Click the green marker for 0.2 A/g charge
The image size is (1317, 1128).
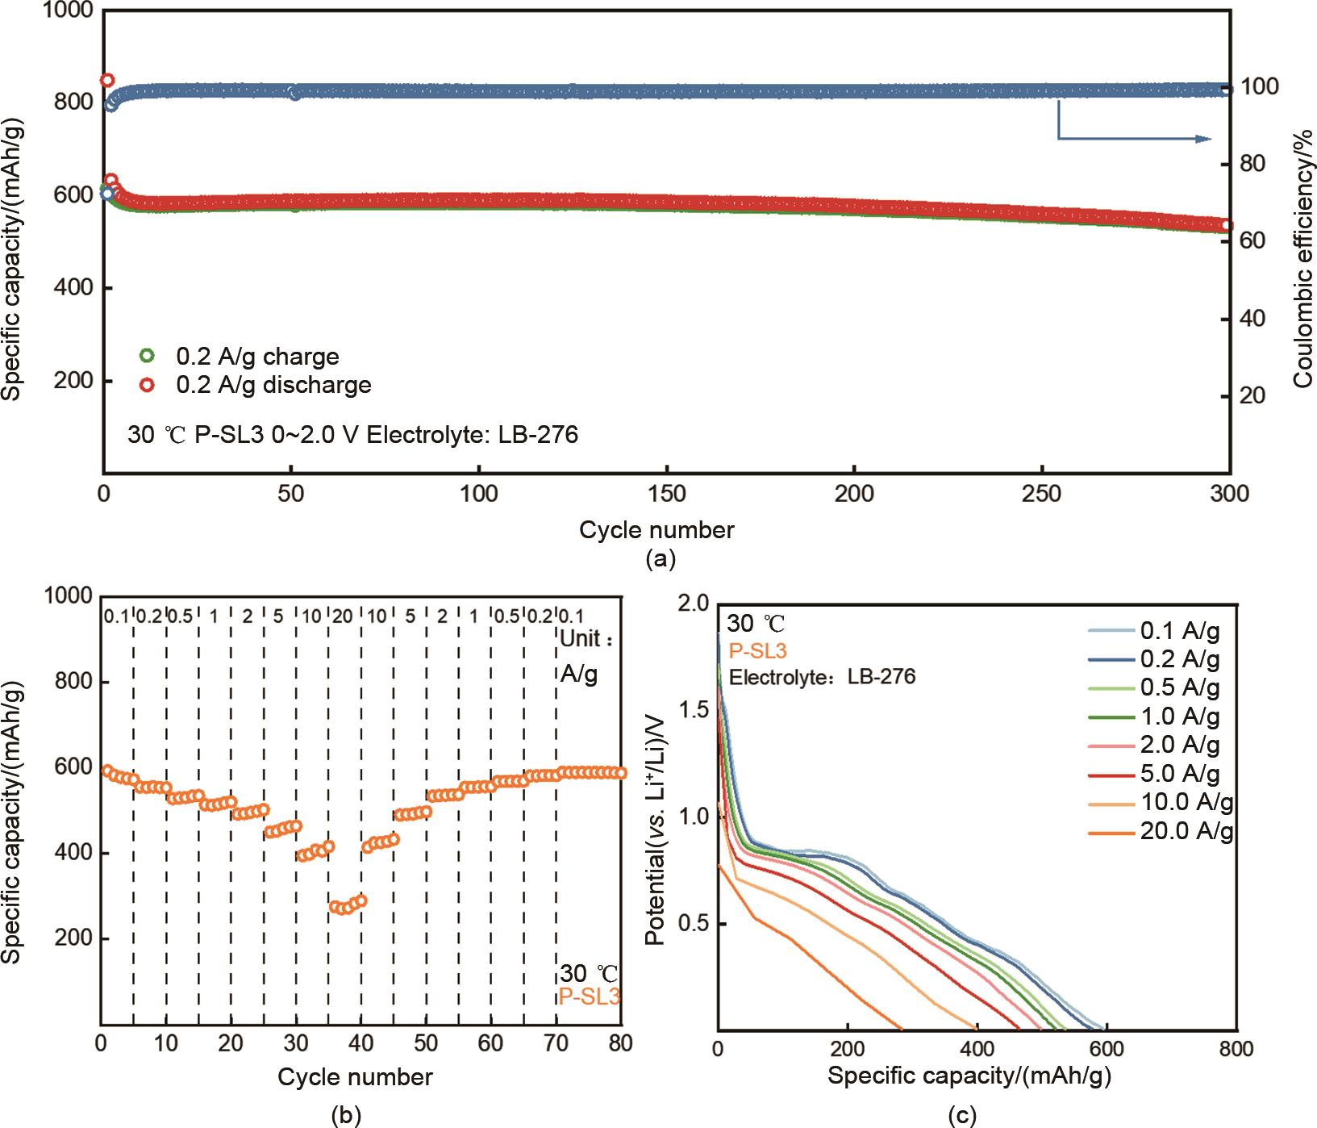tap(147, 355)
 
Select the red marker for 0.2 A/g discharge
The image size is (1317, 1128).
tap(147, 385)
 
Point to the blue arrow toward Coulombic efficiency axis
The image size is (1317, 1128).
tap(1133, 138)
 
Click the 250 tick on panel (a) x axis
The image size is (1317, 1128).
tap(1041, 493)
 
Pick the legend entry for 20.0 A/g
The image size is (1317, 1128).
tap(1186, 830)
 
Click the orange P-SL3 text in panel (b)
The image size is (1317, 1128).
tap(590, 997)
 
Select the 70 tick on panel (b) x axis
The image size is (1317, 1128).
tap(556, 1042)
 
